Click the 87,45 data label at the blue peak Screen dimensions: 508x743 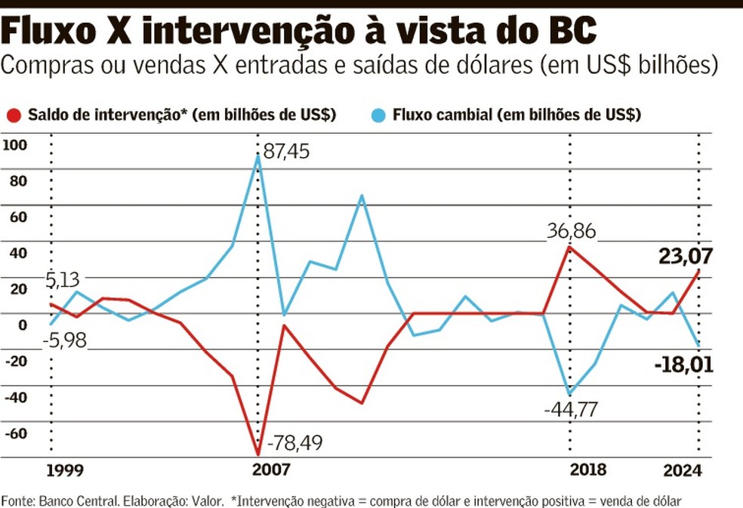pos(286,151)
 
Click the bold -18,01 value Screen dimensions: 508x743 pos(683,367)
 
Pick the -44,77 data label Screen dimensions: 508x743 pos(576,411)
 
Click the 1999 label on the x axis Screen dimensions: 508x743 pos(65,470)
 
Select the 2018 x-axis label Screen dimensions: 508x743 pos(588,470)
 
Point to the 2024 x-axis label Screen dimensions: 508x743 pos(683,470)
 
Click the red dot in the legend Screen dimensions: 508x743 pos(13,115)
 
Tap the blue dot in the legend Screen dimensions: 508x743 pos(378,115)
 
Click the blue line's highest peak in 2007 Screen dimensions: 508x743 pos(257,156)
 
